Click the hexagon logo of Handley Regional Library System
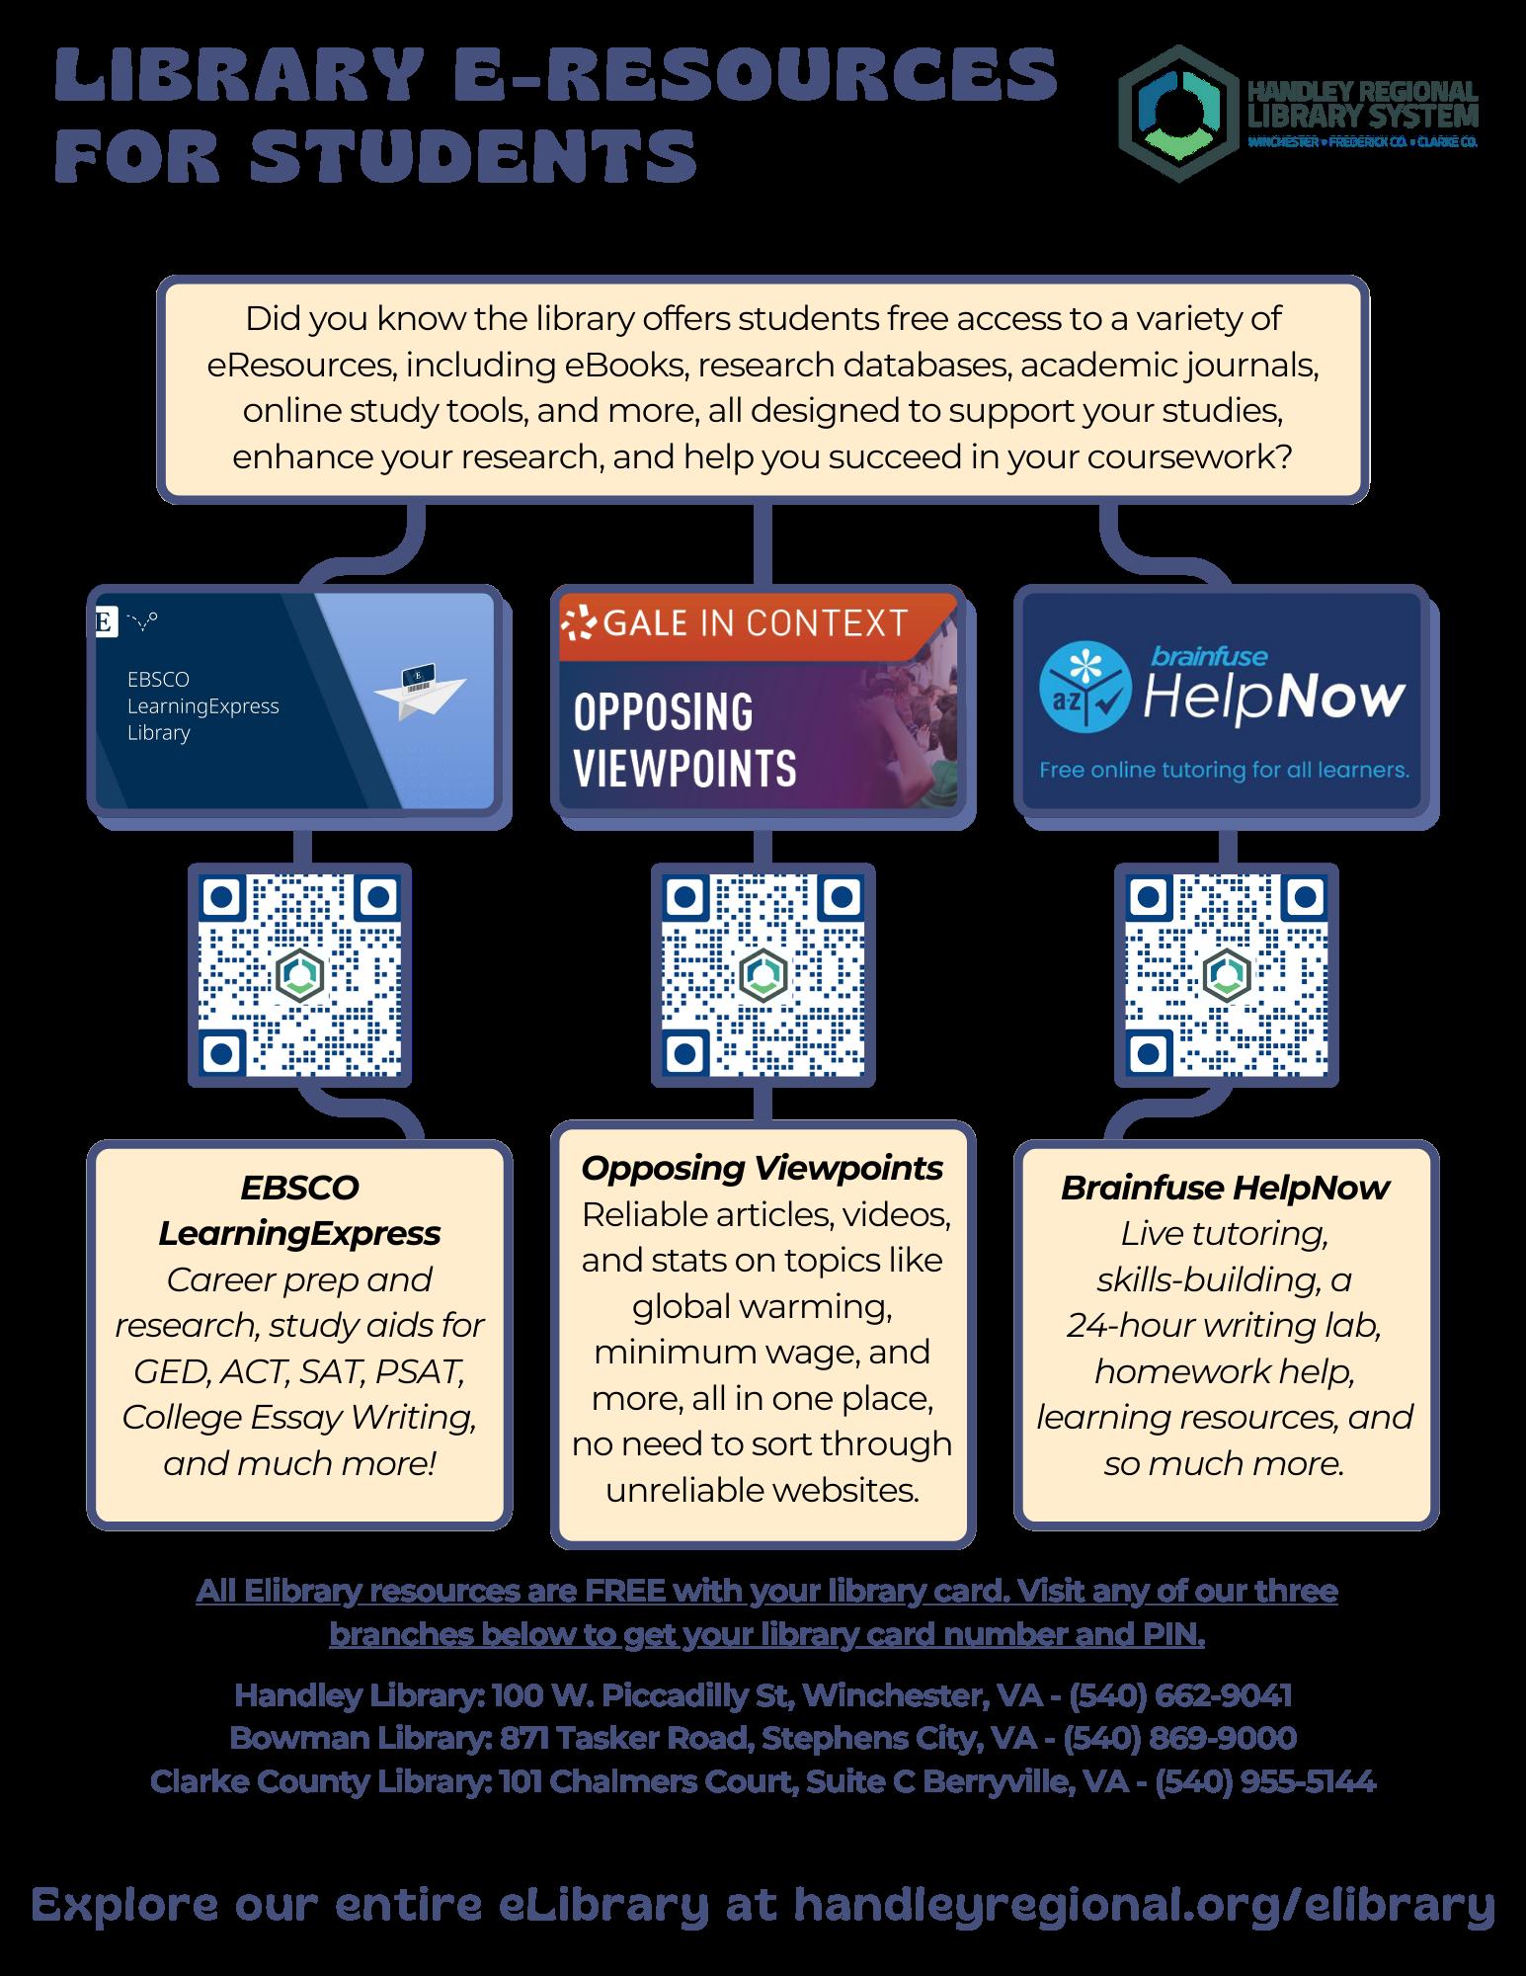[1174, 113]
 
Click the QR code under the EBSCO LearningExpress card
[299, 975]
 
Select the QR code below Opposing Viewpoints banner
[763, 975]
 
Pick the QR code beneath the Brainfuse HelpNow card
[1226, 975]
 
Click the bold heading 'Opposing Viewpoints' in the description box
[762, 1168]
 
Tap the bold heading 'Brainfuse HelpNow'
[1225, 1188]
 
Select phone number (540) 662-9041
[1179, 1695]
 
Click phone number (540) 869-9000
[1179, 1738]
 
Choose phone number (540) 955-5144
[1264, 1781]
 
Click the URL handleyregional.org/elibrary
[1144, 1903]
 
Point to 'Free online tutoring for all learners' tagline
[1224, 769]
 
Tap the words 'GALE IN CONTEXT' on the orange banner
[755, 623]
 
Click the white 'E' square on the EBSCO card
[102, 622]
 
